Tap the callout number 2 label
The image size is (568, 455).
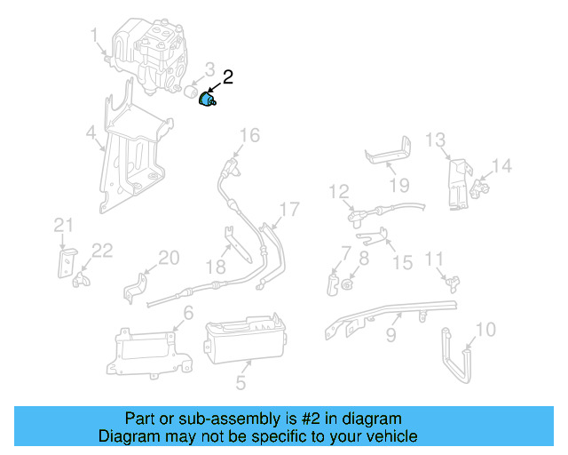click(228, 77)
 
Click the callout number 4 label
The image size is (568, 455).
click(91, 134)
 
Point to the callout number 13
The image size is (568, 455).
click(434, 140)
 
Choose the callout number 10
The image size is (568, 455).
click(485, 331)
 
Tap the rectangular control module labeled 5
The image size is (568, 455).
click(243, 343)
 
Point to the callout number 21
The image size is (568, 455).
click(61, 224)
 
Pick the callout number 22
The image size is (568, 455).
click(102, 251)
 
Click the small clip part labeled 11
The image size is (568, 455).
click(454, 282)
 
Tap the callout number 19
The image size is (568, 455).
click(398, 186)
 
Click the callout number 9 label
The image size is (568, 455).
click(390, 337)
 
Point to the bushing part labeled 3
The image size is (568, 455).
click(193, 92)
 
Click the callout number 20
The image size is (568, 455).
click(169, 259)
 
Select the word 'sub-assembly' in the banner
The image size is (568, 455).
click(213, 419)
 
